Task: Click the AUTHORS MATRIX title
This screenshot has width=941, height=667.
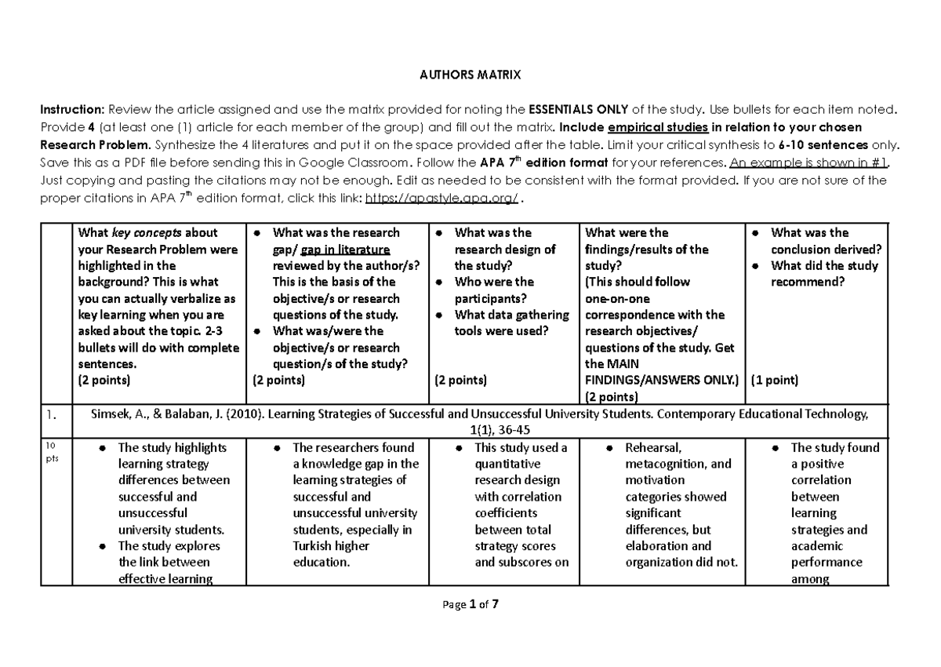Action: coord(470,75)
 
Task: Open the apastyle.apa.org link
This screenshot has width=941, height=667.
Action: coord(441,198)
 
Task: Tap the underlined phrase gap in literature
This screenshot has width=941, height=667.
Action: coord(351,249)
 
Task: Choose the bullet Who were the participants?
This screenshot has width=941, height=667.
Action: coord(494,290)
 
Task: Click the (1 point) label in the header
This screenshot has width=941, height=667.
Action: coord(775,380)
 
